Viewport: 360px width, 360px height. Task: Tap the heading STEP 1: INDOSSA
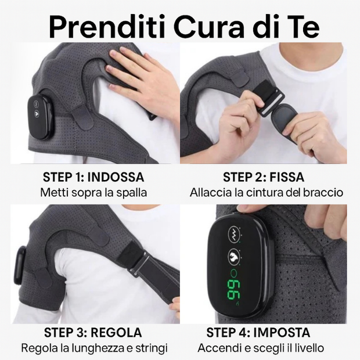tap(93, 177)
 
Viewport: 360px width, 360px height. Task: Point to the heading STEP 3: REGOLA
tap(93, 333)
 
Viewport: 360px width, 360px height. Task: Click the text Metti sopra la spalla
tap(93, 192)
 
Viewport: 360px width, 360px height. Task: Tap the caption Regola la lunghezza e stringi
tap(94, 348)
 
